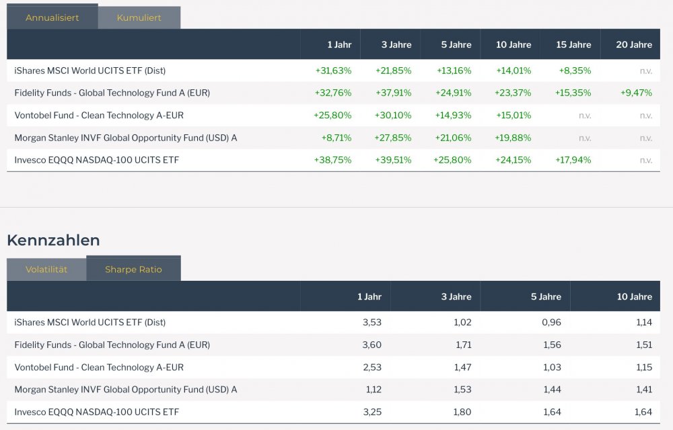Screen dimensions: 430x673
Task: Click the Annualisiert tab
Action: point(52,17)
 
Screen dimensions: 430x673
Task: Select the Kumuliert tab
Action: point(139,17)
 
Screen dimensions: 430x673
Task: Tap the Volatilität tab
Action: point(46,269)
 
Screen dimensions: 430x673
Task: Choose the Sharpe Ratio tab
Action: point(133,269)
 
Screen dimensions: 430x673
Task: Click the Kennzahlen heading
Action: point(53,240)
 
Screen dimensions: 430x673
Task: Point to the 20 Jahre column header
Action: point(634,44)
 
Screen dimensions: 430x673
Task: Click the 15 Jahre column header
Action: point(573,44)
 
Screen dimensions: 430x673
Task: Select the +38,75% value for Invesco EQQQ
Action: point(332,160)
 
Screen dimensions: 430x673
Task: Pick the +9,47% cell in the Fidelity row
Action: point(636,93)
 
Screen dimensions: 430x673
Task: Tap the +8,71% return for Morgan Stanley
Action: point(336,138)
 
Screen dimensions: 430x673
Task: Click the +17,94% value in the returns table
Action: point(573,160)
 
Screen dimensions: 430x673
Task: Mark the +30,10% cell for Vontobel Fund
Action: point(392,115)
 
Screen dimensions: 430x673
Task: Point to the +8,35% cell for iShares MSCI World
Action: point(575,70)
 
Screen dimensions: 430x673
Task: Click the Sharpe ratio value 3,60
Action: point(371,345)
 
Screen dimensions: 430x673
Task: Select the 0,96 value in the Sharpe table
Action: point(551,322)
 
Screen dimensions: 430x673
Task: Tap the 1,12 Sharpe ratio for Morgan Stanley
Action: point(371,390)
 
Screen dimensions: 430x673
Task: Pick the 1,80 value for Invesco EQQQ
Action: point(462,412)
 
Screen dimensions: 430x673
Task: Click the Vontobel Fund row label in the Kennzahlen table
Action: point(99,368)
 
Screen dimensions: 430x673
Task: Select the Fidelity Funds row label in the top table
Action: point(112,93)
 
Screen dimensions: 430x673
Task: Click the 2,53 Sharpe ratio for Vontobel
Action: point(371,368)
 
